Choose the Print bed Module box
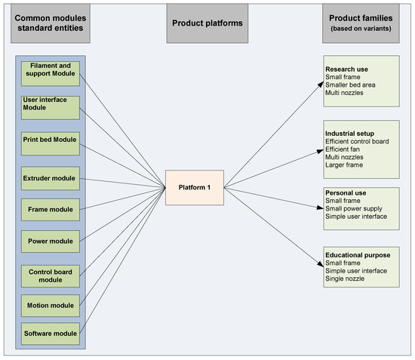[51, 143]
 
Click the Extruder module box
[51, 179]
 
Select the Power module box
[51, 242]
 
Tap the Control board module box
[51, 275]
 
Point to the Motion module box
[51, 306]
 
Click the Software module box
[51, 331]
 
